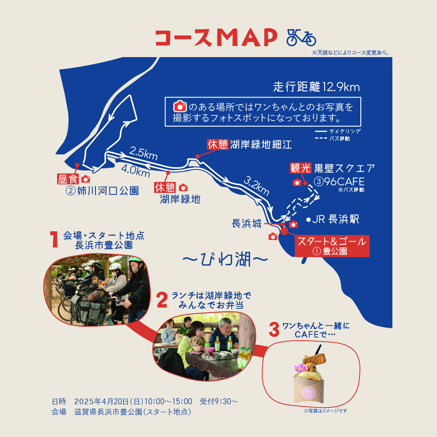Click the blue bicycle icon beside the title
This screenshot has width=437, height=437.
coord(301,37)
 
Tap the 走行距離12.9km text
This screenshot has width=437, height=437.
coord(316,87)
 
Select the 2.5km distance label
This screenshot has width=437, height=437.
coord(143,153)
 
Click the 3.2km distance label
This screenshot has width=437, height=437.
coord(256,186)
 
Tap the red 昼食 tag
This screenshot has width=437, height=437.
coord(68,179)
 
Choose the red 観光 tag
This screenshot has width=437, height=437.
coord(300,168)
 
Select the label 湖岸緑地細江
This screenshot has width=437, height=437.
coord(261,144)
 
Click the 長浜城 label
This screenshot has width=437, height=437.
coord(246,224)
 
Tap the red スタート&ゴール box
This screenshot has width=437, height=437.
coord(332,246)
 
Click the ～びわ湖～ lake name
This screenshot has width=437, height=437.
coord(225,260)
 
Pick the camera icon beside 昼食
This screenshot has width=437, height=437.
coord(85,179)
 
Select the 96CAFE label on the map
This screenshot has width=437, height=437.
coord(344,182)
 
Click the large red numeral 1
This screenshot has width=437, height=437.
coord(54,239)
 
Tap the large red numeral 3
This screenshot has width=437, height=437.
coord(274,330)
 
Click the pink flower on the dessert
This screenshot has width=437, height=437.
coord(300,368)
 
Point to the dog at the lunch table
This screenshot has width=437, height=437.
coord(196,342)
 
